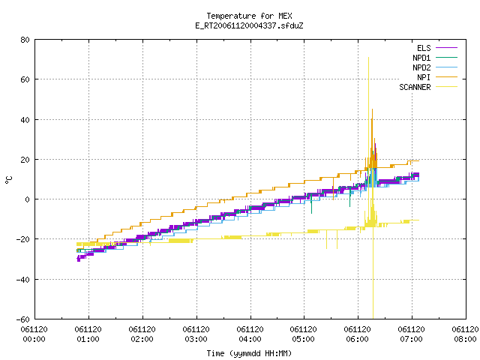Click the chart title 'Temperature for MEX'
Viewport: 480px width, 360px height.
[x=249, y=16]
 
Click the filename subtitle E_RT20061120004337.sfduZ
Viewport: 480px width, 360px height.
[x=249, y=25]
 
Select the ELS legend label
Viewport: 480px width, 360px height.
[x=424, y=48]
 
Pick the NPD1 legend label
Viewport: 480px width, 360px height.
[x=421, y=58]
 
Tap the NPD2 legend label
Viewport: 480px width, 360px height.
[x=421, y=67]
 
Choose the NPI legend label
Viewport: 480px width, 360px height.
[x=424, y=77]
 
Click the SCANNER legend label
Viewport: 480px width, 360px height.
[x=415, y=87]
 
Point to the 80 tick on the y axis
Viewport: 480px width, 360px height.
[x=25, y=40]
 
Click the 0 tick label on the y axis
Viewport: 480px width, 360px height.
[x=28, y=199]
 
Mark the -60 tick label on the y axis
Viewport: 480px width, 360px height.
[x=23, y=319]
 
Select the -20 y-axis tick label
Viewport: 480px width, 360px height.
[x=23, y=239]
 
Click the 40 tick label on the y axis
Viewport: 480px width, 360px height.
[x=25, y=120]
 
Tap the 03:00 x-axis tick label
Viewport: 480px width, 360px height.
[x=196, y=339]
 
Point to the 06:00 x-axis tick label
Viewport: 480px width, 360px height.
[x=358, y=339]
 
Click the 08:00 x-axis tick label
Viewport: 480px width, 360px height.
[x=465, y=339]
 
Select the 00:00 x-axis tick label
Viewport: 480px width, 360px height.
[x=34, y=339]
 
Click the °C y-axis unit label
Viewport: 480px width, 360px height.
[x=9, y=179]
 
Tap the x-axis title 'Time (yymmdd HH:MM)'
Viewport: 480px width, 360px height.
[x=249, y=353]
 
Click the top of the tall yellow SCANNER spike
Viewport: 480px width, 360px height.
[x=368, y=57]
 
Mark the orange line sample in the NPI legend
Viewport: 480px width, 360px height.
[x=447, y=77]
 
